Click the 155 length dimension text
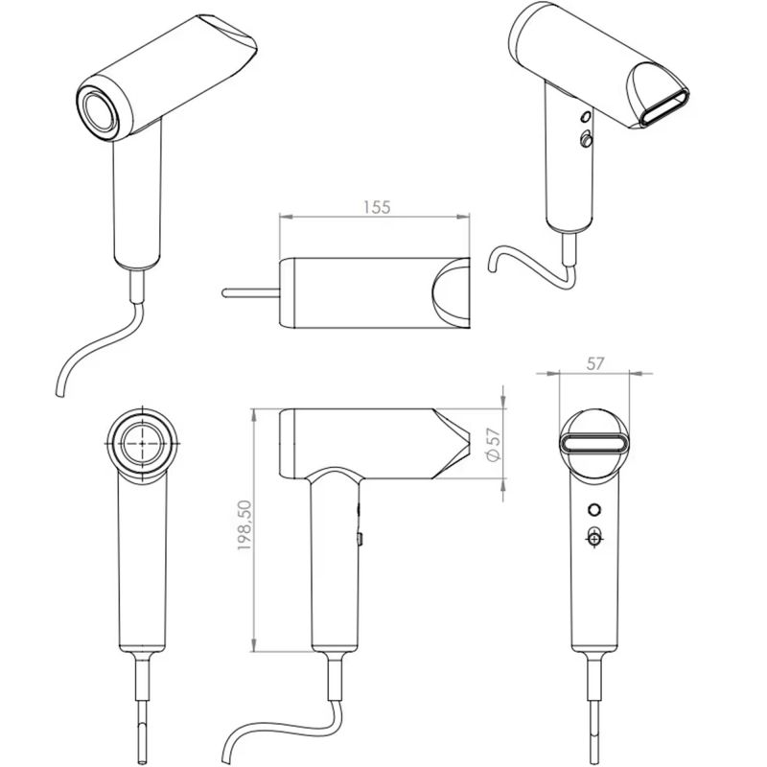click(377, 206)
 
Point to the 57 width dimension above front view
click(593, 364)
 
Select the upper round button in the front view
click(593, 509)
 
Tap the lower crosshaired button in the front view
click(594, 538)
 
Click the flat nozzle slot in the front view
click(594, 444)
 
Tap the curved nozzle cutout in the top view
click(449, 293)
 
